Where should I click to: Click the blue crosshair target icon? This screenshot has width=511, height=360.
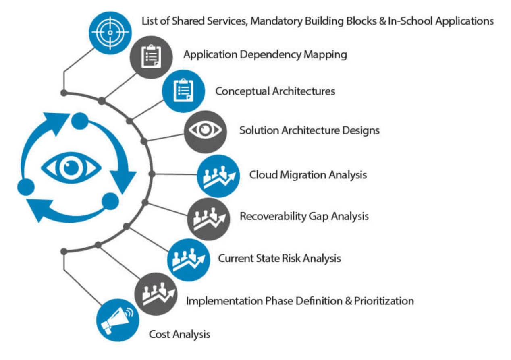(x=110, y=33)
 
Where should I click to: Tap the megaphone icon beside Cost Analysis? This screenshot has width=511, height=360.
(x=118, y=320)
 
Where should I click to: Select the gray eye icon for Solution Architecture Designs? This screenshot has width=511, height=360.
(x=205, y=132)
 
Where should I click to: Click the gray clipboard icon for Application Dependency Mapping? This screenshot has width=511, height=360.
(x=151, y=57)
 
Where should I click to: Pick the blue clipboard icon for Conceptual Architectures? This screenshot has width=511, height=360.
(x=183, y=91)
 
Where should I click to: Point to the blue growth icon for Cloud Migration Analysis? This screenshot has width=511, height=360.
(x=218, y=176)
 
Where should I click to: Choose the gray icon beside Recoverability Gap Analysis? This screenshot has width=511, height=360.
(x=208, y=219)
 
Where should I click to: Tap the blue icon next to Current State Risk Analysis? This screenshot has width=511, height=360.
(x=189, y=260)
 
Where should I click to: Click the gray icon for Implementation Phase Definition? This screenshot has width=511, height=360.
(x=156, y=294)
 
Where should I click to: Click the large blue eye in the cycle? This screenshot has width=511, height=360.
(x=71, y=168)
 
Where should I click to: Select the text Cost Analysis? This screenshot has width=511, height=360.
(x=179, y=335)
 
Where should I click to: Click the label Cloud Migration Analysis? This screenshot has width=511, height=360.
(x=308, y=175)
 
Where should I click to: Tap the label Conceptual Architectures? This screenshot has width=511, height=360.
(x=275, y=91)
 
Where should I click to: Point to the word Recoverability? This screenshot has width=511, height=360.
(x=273, y=216)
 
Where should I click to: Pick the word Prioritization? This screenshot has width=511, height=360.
(x=384, y=301)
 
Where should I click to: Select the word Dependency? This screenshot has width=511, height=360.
(x=270, y=55)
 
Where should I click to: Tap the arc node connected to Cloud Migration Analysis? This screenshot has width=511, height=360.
(x=152, y=174)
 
